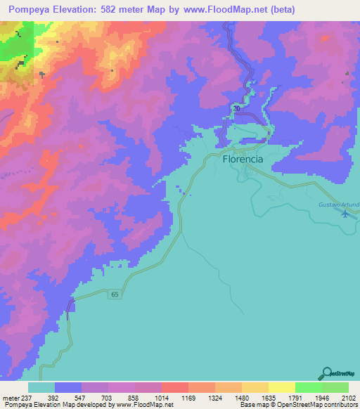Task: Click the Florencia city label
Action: [x=243, y=160]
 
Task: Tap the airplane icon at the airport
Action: [x=345, y=214]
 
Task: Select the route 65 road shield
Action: [x=115, y=295]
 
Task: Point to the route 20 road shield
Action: [x=237, y=109]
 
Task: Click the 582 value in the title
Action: [x=108, y=9]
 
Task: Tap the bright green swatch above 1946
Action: [x=308, y=387]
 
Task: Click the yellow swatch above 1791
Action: [x=281, y=387]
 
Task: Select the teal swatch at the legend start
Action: [x=41, y=387]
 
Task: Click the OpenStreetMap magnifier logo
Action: [x=326, y=372]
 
